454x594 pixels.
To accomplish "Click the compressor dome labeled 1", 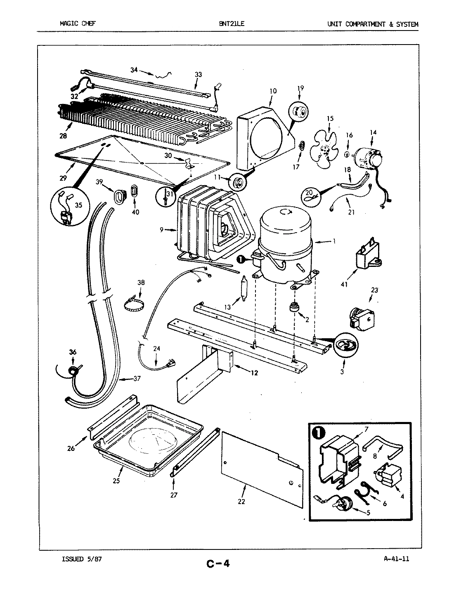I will point(285,231).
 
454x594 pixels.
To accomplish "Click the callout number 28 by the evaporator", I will point(63,135).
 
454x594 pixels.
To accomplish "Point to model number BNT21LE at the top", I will point(232,24).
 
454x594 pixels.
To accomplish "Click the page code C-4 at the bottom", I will point(218,563).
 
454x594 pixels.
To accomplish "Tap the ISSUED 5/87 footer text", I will point(81,559).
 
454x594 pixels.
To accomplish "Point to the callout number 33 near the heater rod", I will point(199,75).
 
